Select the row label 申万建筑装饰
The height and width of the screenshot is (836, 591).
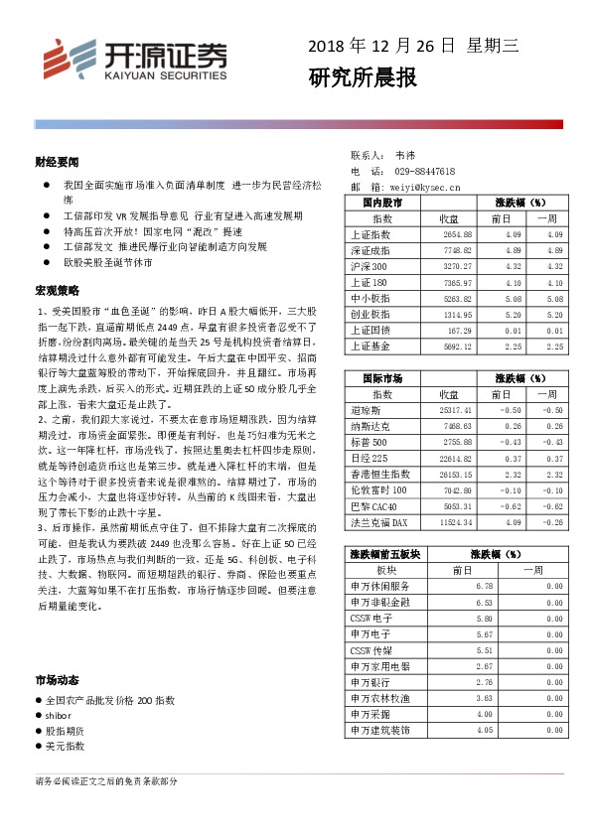[379, 730]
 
